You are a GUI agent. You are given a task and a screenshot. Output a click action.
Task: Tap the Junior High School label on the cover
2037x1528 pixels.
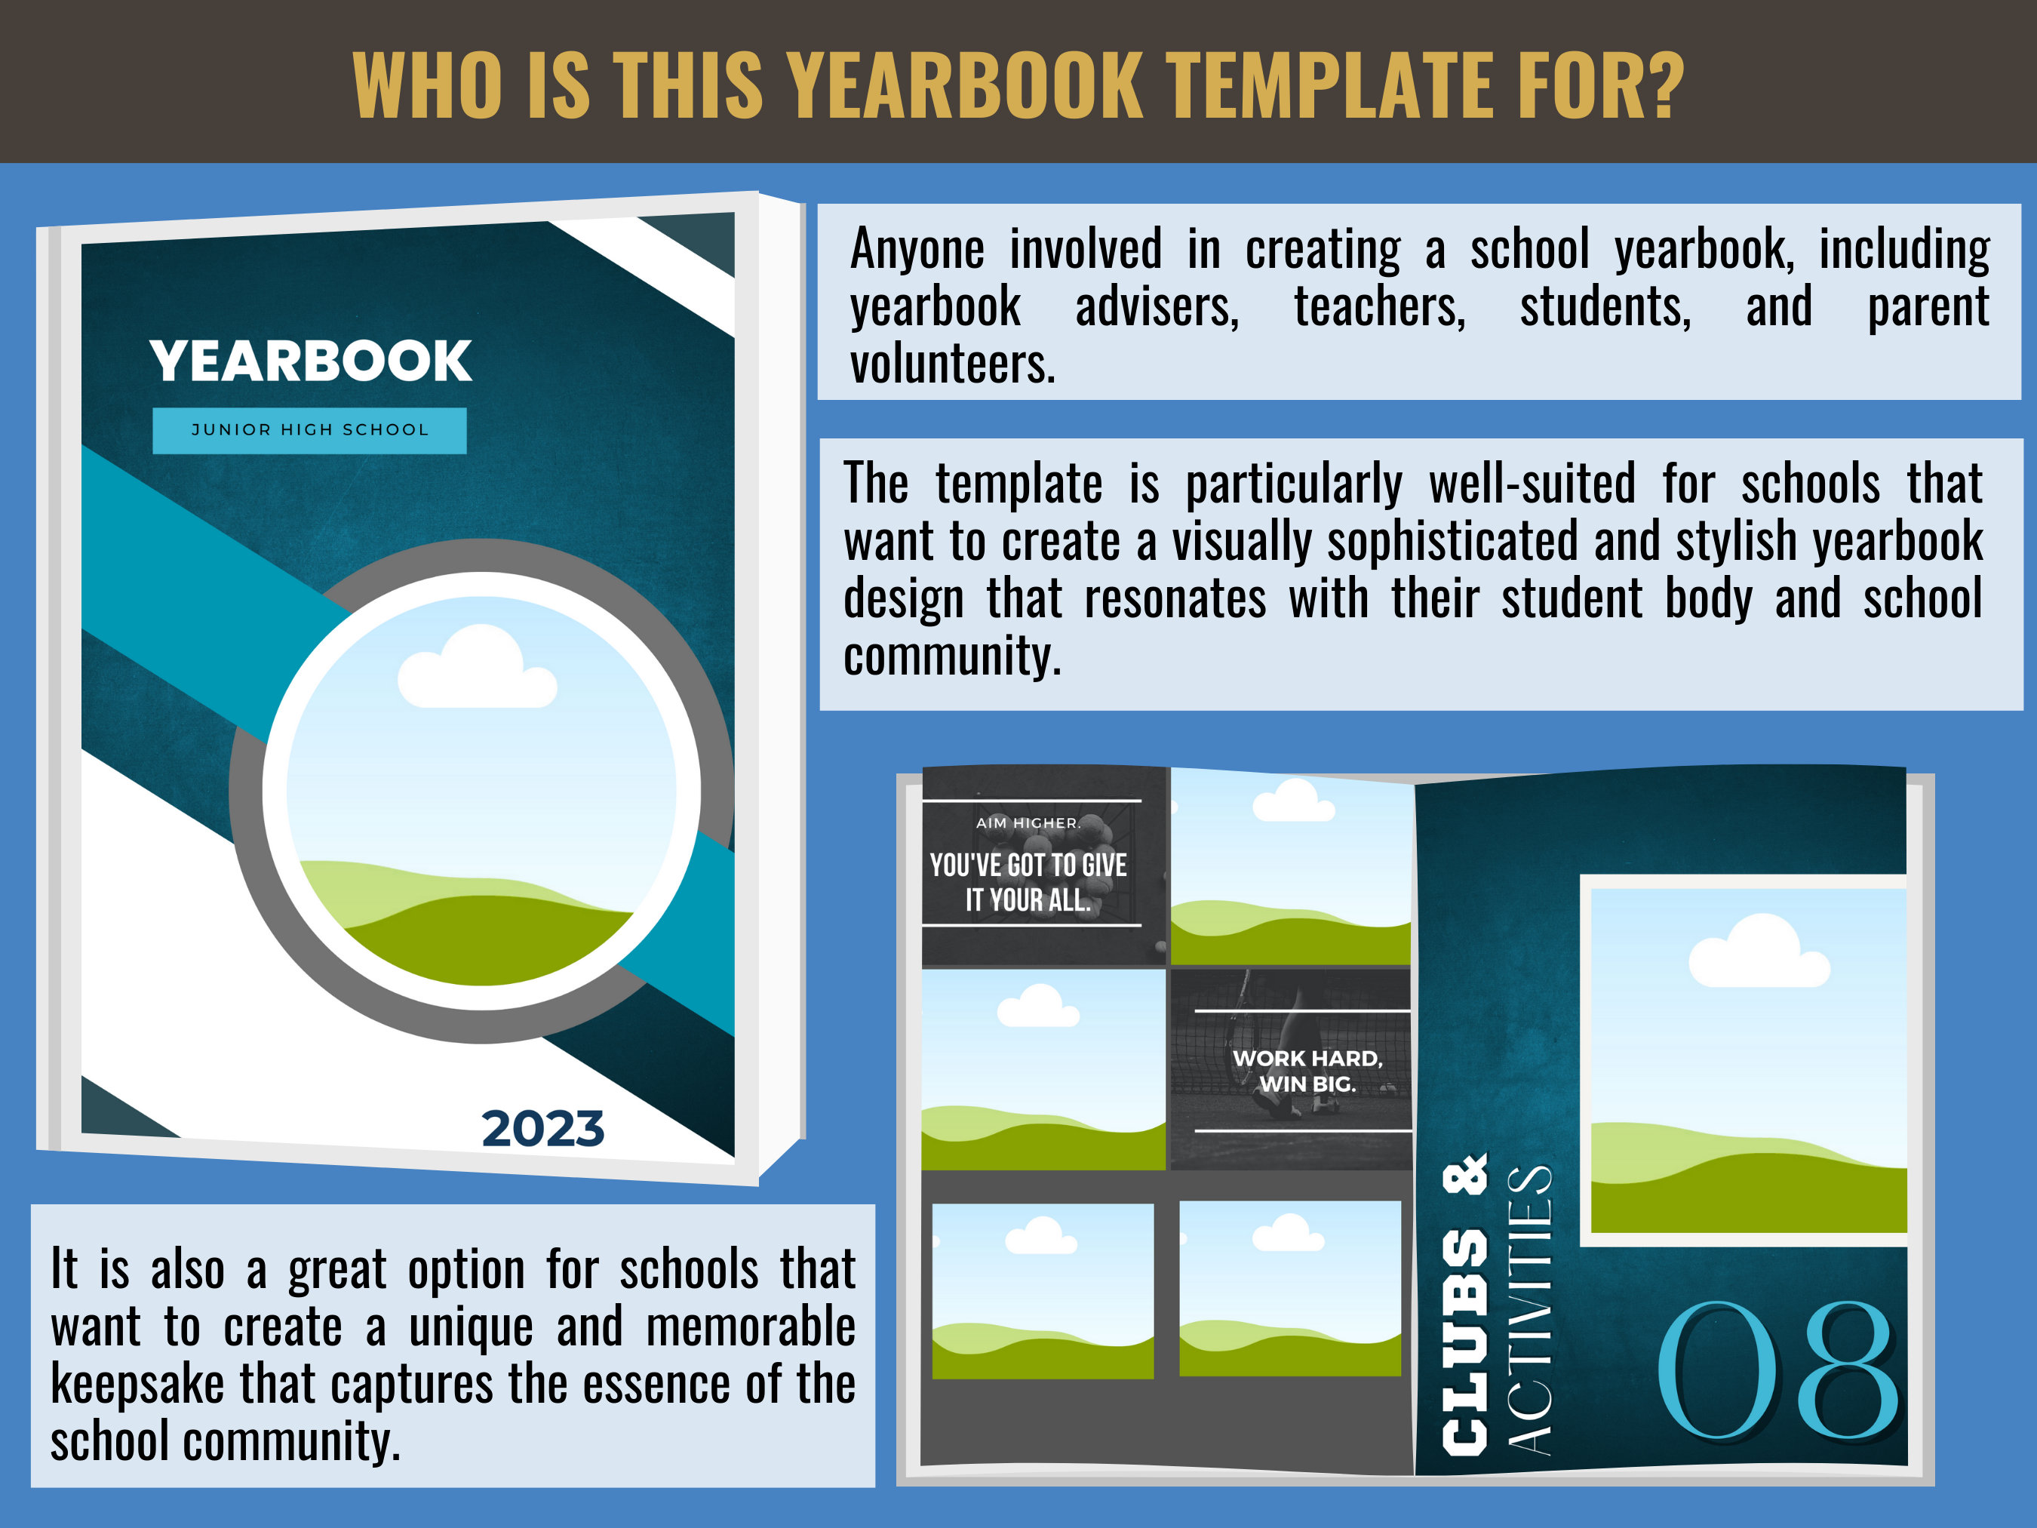click(x=309, y=430)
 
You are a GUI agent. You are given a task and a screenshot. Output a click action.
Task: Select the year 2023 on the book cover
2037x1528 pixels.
click(x=542, y=1129)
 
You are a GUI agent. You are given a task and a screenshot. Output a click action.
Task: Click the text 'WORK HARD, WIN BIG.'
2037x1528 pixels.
click(x=1307, y=1071)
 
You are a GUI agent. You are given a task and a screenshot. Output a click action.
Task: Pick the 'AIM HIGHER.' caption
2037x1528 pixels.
click(x=1028, y=822)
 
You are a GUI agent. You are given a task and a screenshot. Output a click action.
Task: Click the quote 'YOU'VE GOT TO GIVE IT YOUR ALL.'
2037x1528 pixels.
click(x=1028, y=882)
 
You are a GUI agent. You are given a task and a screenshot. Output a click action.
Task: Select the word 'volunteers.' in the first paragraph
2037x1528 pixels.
click(x=952, y=364)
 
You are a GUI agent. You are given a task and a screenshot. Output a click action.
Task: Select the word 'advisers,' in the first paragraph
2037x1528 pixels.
click(x=1157, y=306)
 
